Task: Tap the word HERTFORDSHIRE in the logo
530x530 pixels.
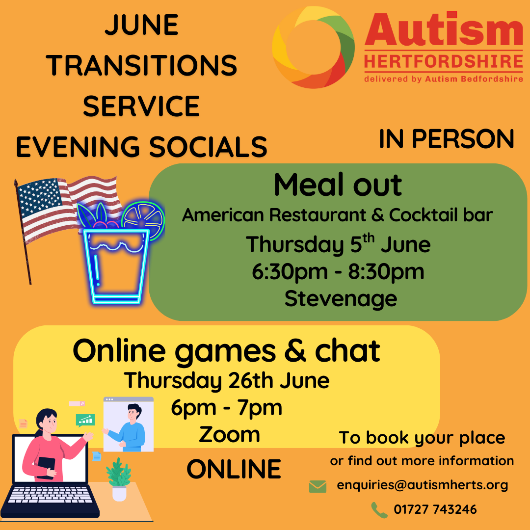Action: [444, 61]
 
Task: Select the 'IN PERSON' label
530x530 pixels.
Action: [446, 139]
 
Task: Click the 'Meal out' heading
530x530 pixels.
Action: [338, 185]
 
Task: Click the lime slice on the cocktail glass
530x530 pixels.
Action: [143, 220]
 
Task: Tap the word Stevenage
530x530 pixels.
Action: [341, 299]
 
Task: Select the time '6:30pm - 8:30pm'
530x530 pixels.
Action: [338, 272]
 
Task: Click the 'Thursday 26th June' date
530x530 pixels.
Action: [227, 381]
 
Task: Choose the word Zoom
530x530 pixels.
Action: [230, 435]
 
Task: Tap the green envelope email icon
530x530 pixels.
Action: [318, 486]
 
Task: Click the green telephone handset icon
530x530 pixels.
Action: [379, 510]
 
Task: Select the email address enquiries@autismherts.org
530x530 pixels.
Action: [423, 485]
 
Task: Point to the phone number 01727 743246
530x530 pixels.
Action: [435, 509]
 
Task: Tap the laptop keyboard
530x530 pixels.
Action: [50, 495]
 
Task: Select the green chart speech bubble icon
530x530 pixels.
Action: [85, 421]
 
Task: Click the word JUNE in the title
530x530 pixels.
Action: [142, 25]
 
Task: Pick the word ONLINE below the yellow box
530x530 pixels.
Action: [234, 469]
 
